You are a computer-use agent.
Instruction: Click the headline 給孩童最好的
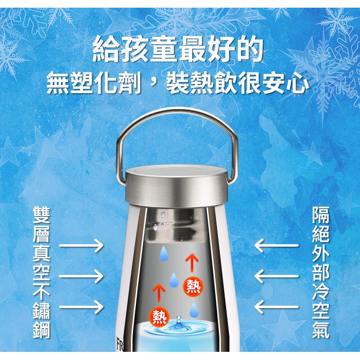click(178, 49)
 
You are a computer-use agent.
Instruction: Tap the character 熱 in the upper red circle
click(193, 287)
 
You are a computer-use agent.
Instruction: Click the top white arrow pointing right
click(81, 246)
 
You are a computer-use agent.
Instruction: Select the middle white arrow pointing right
click(81, 276)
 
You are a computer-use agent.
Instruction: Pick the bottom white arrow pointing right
click(81, 307)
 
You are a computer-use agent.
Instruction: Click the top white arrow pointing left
click(276, 246)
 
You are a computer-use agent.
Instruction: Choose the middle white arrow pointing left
click(276, 276)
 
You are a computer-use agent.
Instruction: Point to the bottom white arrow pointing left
click(276, 307)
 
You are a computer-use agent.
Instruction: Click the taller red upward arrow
click(192, 264)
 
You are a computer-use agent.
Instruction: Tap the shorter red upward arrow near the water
click(159, 293)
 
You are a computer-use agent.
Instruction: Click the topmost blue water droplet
click(164, 253)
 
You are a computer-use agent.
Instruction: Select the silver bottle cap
click(177, 185)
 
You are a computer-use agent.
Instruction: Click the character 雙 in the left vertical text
click(41, 215)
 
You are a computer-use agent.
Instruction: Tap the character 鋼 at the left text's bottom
click(41, 329)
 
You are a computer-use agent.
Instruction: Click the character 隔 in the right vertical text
click(321, 215)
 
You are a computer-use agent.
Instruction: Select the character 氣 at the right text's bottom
click(321, 329)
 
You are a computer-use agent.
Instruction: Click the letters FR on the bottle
click(120, 344)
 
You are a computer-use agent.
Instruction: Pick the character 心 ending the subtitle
click(298, 83)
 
